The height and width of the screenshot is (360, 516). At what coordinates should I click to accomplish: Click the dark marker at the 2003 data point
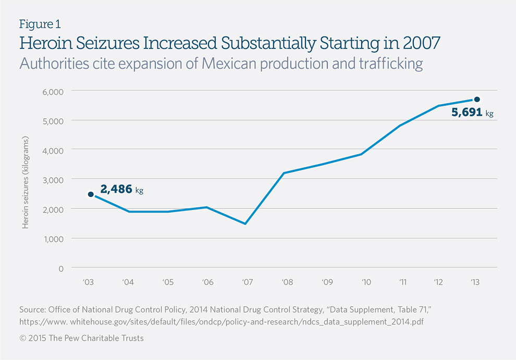(91, 194)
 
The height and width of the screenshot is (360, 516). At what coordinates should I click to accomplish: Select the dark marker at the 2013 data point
(476, 100)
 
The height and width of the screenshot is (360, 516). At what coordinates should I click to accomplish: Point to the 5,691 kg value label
(472, 112)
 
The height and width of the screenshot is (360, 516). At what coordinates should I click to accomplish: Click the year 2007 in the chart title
(418, 43)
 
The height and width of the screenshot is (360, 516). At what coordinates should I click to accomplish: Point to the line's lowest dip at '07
(244, 224)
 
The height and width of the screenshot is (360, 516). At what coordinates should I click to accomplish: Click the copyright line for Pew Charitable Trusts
(81, 338)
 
